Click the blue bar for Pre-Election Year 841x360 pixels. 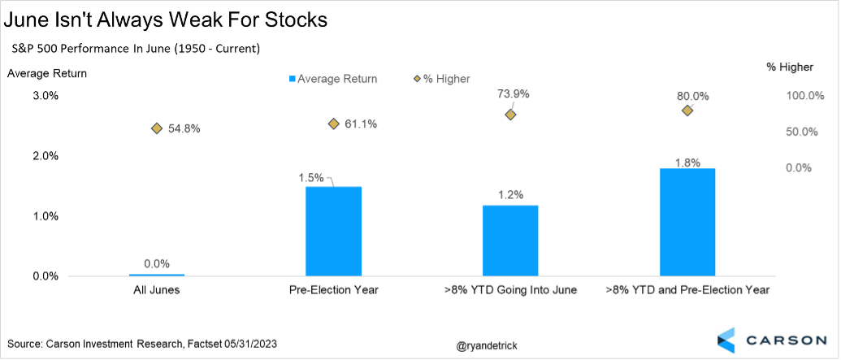click(333, 231)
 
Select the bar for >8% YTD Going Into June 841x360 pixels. click(510, 241)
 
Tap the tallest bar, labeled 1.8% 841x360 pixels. click(687, 222)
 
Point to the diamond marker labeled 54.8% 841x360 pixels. click(157, 128)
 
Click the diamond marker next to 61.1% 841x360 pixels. click(333, 124)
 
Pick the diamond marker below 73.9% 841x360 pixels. click(510, 115)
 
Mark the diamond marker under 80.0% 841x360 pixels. click(687, 110)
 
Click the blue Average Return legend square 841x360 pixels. click(291, 79)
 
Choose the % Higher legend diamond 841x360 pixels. click(417, 79)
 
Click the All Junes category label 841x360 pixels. click(157, 290)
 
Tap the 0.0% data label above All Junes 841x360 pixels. click(157, 263)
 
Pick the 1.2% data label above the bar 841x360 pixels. click(510, 194)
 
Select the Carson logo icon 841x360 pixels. click(726, 340)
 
